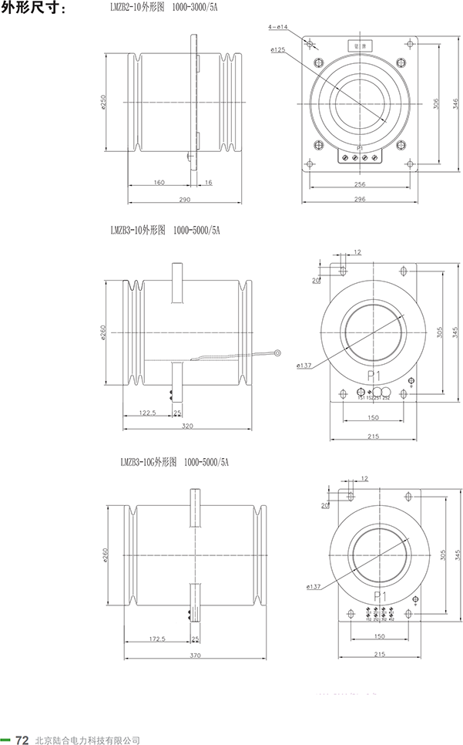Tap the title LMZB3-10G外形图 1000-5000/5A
tap(175, 462)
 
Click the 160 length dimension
tap(159, 183)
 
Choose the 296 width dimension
tap(359, 199)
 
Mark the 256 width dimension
tap(359, 184)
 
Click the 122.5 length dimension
tap(149, 413)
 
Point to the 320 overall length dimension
tap(184, 426)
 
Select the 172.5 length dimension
tap(158, 639)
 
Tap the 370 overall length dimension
tap(194, 656)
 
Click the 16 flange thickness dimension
tap(209, 183)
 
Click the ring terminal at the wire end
tap(275, 354)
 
